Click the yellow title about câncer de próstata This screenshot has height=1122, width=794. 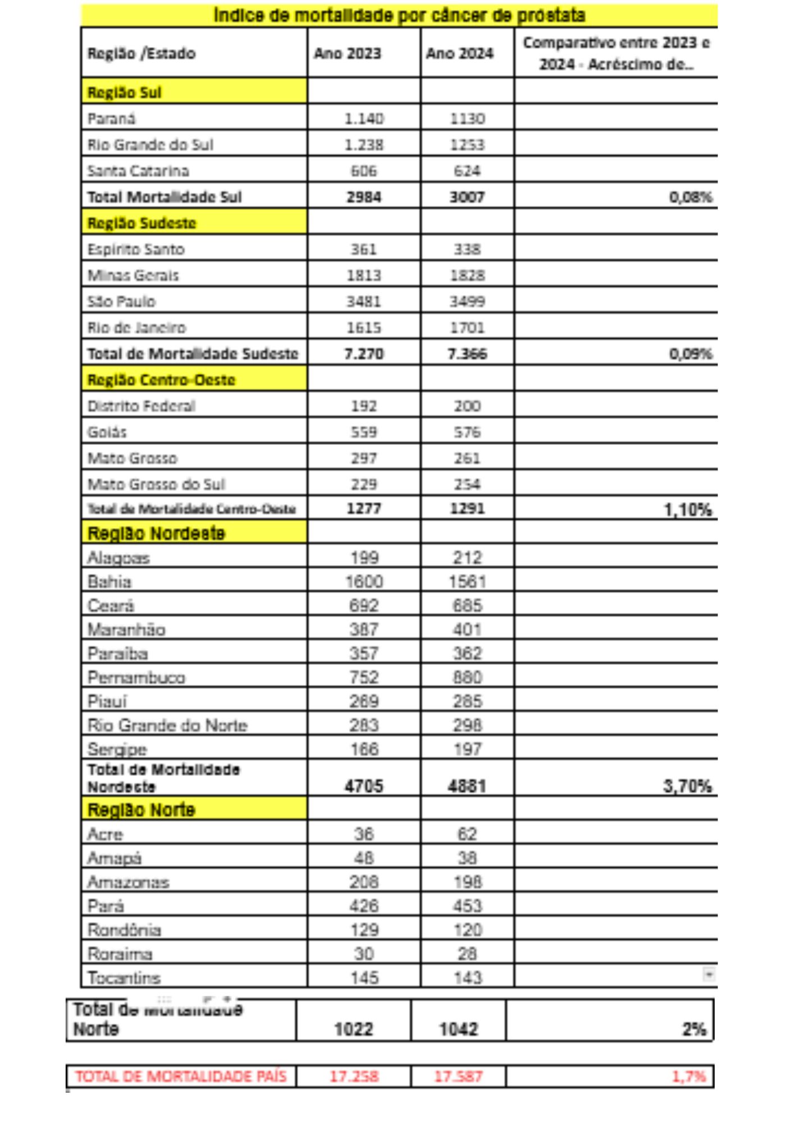click(399, 15)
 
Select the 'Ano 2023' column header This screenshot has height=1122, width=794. click(347, 53)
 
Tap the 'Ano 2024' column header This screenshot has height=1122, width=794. click(459, 53)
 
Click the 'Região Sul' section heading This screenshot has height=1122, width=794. click(124, 92)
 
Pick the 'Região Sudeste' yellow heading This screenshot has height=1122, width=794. click(142, 223)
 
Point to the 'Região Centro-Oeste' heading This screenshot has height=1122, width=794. click(161, 380)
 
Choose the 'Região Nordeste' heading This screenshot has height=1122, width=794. click(156, 533)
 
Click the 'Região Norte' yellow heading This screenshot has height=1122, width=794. click(141, 810)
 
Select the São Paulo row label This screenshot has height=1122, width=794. click(121, 301)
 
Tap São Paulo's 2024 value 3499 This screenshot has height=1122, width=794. click(467, 301)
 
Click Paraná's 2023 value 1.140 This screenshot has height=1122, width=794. click(364, 118)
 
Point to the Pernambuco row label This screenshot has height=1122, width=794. click(136, 677)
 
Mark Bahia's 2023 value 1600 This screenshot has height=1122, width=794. click(364, 581)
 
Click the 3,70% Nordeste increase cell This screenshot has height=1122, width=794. click(687, 786)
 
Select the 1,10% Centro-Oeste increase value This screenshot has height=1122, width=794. click(688, 509)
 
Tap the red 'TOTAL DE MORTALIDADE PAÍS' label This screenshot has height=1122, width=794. click(181, 1076)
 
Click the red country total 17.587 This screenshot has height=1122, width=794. click(458, 1076)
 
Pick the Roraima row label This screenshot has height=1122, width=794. click(120, 954)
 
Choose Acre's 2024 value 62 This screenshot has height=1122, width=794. click(467, 834)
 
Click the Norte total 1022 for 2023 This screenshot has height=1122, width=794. click(353, 1029)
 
